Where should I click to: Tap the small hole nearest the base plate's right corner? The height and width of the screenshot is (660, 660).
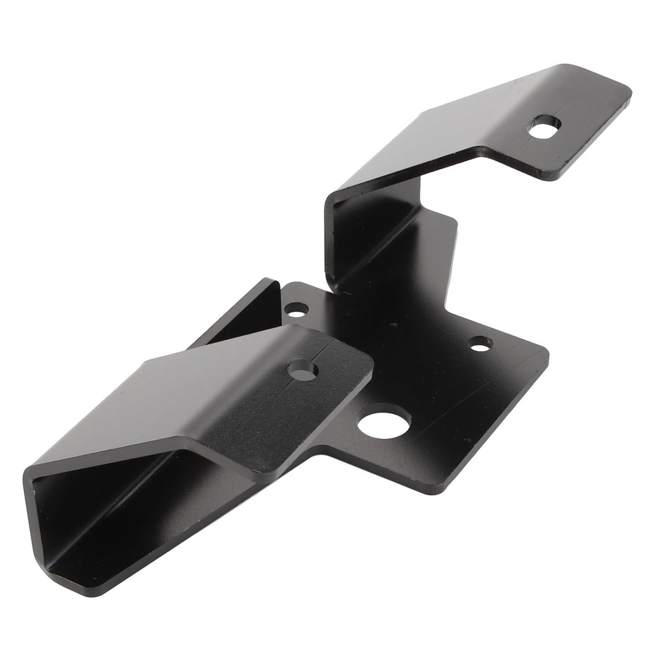(481, 344)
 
